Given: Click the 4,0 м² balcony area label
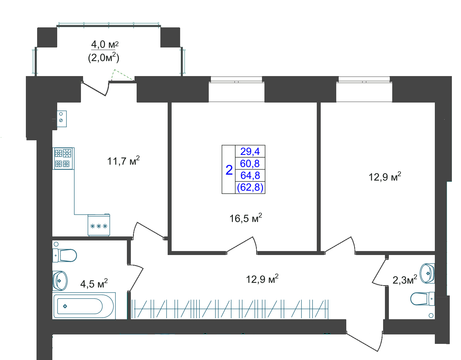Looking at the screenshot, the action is (x=105, y=44).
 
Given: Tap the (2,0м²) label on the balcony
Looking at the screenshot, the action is (x=103, y=58).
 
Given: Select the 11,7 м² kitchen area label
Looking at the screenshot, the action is (x=123, y=161).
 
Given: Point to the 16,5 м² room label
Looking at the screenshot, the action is (x=246, y=218).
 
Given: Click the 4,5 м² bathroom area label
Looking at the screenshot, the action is (x=94, y=283).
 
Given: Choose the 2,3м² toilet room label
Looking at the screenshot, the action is (x=405, y=280).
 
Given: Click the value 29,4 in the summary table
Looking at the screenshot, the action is (x=250, y=152).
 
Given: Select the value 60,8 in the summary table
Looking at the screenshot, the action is (x=250, y=163).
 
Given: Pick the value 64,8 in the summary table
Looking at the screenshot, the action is (x=250, y=176).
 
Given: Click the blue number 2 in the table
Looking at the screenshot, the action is (x=229, y=170).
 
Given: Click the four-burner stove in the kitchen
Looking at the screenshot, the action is (x=63, y=159).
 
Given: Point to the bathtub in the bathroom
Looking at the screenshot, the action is (x=84, y=306).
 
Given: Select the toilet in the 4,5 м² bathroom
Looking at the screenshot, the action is (x=65, y=255).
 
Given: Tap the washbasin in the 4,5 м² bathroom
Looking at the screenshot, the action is (x=60, y=281).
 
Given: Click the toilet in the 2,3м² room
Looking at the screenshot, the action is (x=422, y=299).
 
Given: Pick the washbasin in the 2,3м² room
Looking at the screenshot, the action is (x=427, y=274).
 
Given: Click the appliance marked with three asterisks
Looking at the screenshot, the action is (x=99, y=225).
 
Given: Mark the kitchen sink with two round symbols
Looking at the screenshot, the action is (x=61, y=119).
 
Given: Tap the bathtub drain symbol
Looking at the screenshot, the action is (x=65, y=306).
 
